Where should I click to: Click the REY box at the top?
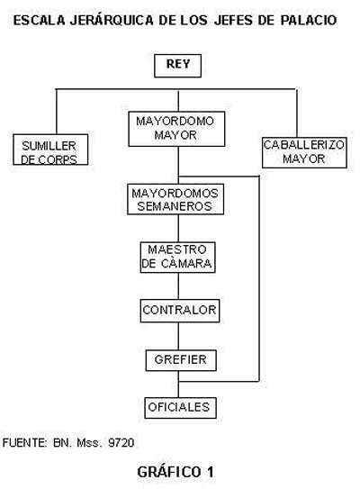177,66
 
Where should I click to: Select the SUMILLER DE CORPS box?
50,149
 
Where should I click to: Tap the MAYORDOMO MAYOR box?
176,129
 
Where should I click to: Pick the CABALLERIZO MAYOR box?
304,152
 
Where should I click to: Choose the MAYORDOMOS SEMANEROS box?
175,199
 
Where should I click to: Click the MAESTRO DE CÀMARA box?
177,258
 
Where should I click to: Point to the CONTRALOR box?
180,311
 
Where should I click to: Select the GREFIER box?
181,360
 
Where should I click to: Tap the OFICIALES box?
180,408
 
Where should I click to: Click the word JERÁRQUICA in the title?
112,20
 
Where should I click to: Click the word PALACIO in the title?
309,21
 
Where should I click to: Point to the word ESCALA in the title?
40,21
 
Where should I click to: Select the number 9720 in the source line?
121,442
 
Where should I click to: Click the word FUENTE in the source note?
24,442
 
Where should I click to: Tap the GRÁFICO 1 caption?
175,472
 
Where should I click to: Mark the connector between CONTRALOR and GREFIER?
178,336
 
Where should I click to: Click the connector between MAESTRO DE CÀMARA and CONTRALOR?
178,286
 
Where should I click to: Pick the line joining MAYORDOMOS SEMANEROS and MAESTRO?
178,228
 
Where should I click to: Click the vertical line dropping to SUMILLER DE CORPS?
57,112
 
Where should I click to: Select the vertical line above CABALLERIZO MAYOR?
296,113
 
